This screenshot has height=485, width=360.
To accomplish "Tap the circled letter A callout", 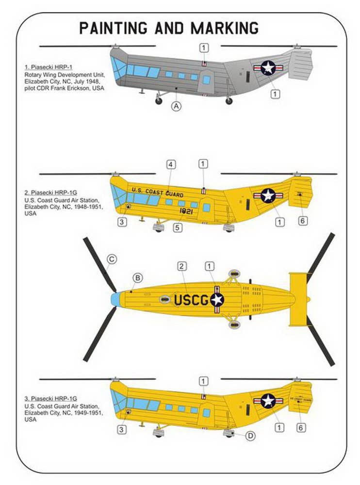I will [176, 106].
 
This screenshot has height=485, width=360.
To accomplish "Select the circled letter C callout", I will [111, 260].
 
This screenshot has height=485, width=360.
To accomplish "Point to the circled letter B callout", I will [138, 278].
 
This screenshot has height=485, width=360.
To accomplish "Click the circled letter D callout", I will [250, 436].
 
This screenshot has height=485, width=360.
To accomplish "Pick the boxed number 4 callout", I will [171, 164].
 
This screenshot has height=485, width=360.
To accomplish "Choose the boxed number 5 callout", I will [178, 226].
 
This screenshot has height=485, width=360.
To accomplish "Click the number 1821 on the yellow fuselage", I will [186, 211].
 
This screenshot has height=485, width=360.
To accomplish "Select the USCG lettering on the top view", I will [191, 301].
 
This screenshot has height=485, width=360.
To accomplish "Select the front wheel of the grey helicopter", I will [158, 100].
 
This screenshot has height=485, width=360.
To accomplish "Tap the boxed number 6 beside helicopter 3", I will [301, 427].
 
